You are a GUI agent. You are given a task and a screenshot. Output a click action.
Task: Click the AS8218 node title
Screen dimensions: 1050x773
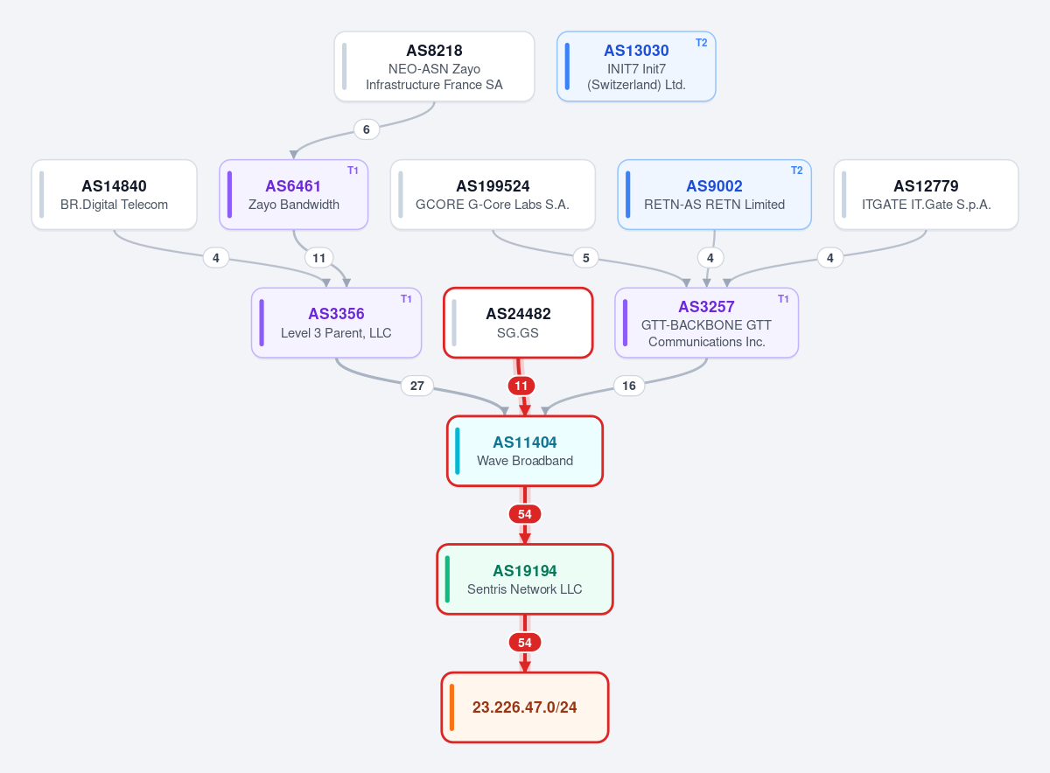[x=434, y=51]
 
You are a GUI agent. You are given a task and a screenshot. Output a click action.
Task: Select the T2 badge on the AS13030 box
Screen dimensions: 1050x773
[x=701, y=43]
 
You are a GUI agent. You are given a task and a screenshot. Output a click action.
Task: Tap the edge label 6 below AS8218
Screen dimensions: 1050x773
[x=366, y=129]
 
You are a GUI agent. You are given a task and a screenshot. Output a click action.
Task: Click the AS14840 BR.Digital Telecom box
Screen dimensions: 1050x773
[x=114, y=194]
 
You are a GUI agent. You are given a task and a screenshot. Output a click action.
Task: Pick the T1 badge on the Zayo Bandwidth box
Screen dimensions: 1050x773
[x=353, y=171]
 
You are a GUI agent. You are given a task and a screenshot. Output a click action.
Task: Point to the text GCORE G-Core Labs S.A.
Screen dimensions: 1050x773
[x=492, y=205]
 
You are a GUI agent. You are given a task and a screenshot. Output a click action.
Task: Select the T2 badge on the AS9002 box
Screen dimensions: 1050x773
[x=796, y=171]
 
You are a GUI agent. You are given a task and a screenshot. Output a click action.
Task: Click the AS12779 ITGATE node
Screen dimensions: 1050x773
[x=926, y=194]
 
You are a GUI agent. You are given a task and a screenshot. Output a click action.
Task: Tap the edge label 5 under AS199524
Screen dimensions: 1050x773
[x=585, y=258]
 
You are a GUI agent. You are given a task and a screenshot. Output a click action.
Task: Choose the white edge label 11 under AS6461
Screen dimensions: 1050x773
[x=318, y=258]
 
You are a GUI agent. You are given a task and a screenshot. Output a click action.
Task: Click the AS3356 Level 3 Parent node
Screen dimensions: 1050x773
[x=336, y=323]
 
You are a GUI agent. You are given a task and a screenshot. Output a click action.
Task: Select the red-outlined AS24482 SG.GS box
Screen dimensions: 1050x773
[x=518, y=323]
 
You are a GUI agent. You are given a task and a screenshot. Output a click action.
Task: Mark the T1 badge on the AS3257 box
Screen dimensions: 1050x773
[x=783, y=299]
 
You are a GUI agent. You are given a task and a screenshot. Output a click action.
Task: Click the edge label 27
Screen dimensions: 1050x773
[x=416, y=386]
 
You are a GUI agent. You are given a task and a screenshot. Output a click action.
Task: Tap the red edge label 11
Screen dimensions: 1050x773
[x=521, y=386]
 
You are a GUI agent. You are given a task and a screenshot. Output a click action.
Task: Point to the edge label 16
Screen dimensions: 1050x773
[x=628, y=386]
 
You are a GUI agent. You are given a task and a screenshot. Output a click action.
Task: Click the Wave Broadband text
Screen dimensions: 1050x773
[x=524, y=461]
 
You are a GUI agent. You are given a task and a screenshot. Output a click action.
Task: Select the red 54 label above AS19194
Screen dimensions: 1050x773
[x=524, y=514]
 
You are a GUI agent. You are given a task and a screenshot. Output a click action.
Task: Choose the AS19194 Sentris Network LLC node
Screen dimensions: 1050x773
[x=524, y=579]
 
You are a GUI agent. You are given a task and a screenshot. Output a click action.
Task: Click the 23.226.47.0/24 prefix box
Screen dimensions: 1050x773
[x=524, y=707]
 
